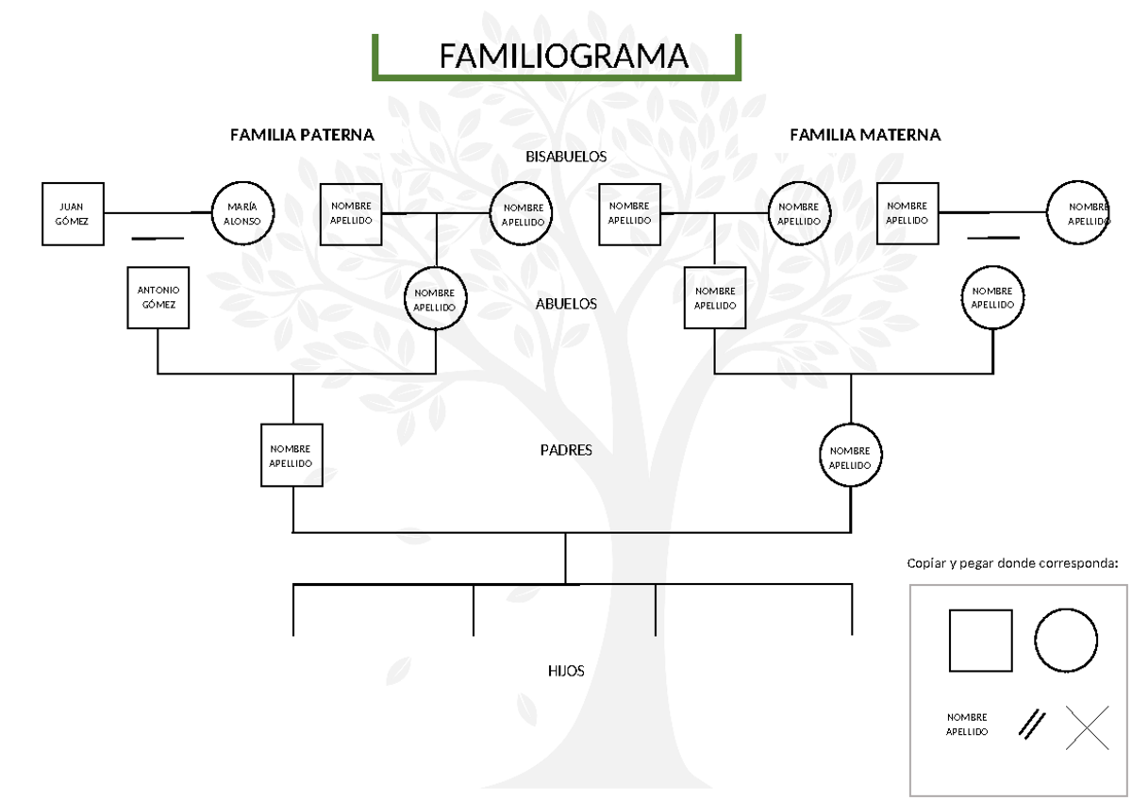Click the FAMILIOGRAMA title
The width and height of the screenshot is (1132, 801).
point(563,57)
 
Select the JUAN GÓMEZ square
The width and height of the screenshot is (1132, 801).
point(73,214)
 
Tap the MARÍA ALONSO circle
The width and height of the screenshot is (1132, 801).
point(242,214)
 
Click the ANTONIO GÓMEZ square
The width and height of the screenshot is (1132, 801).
point(158,297)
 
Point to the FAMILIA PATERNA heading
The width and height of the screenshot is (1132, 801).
point(302,135)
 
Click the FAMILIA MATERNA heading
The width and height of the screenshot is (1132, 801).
point(864,135)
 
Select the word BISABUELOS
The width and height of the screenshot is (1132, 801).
point(566,157)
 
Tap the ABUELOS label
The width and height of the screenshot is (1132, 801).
point(566,304)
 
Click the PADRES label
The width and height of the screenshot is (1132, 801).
point(566,450)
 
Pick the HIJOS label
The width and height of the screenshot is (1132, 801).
point(566,671)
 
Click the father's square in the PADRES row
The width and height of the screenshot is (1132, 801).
point(291,456)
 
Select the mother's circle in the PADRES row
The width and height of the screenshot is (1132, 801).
point(851,456)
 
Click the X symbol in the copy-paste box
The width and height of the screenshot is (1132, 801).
point(1087,727)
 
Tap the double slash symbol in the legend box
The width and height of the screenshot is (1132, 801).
point(1032,724)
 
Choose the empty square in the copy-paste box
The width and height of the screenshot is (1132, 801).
point(980,640)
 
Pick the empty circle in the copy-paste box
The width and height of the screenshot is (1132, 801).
point(1065,640)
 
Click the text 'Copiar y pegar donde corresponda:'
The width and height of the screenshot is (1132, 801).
point(1011,564)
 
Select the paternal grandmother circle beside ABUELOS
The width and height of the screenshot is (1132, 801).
point(435,299)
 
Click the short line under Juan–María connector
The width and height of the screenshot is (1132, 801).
point(158,239)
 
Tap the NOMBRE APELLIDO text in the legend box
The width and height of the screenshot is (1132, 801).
point(967,725)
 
